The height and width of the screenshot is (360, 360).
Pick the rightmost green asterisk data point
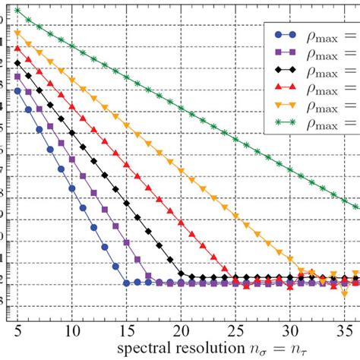[x=355, y=206]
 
